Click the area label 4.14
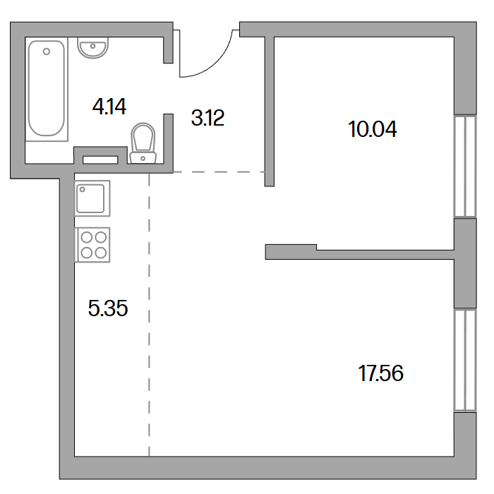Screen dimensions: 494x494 (x=109, y=107)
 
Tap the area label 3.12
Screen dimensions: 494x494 (x=207, y=118)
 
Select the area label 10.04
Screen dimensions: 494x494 (x=373, y=129)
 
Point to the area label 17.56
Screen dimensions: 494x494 (x=380, y=373)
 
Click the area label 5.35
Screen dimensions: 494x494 (x=108, y=308)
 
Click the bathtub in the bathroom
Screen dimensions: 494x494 (x=47, y=89)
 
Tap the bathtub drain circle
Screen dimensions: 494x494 (x=47, y=52)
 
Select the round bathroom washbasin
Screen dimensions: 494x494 (x=92, y=48)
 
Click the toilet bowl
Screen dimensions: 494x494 (x=143, y=138)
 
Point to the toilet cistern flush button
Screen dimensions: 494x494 (x=143, y=159)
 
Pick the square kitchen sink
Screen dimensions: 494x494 (x=92, y=198)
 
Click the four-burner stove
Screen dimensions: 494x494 (x=92, y=245)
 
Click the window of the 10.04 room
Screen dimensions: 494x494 (x=465, y=166)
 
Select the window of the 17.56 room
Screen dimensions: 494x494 (x=465, y=360)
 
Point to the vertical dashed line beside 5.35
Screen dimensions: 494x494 (x=149, y=315)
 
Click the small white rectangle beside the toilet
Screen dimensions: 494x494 (x=100, y=160)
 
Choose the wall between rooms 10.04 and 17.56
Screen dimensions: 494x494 (x=359, y=253)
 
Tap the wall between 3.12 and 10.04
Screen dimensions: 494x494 (x=270, y=112)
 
